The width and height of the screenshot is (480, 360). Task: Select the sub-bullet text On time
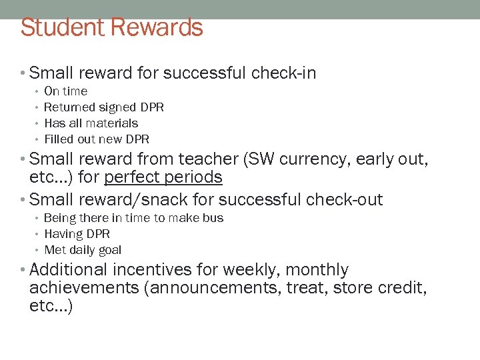tap(65, 91)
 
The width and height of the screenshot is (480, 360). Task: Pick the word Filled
tap(57, 139)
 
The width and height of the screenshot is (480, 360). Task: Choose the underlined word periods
tap(195, 178)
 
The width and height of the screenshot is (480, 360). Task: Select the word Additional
tap(68, 270)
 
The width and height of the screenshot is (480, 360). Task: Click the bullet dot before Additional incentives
tap(24, 270)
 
